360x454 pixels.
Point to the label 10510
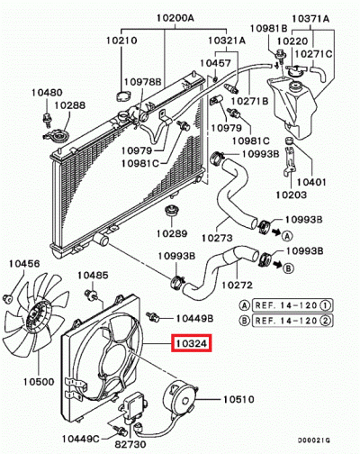pyautogui.click(x=240, y=397)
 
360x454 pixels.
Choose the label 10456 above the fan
pyautogui.click(x=24, y=263)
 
